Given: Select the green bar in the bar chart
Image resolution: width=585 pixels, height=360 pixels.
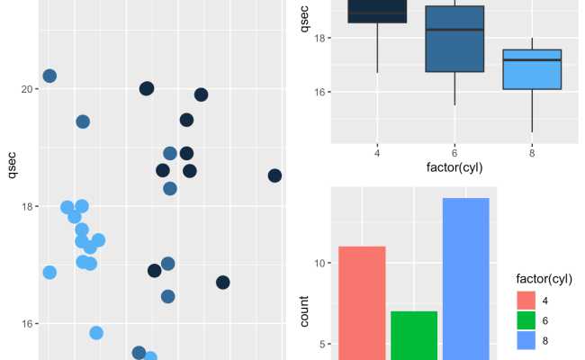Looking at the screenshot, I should point(414,334).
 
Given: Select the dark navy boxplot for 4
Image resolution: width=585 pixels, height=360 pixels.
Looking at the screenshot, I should point(376,12).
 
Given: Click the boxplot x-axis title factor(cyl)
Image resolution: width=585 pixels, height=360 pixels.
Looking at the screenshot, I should point(454,167).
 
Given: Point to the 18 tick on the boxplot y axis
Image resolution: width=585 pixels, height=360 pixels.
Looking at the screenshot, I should point(320,39).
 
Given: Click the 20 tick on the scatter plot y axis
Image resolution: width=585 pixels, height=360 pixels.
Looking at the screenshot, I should point(26,89).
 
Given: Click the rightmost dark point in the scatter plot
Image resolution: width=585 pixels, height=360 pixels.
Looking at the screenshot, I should point(274,175).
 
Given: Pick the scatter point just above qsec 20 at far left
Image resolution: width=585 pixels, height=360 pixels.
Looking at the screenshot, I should point(49,76).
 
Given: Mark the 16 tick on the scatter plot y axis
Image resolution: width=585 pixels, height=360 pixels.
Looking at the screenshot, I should point(26,324).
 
